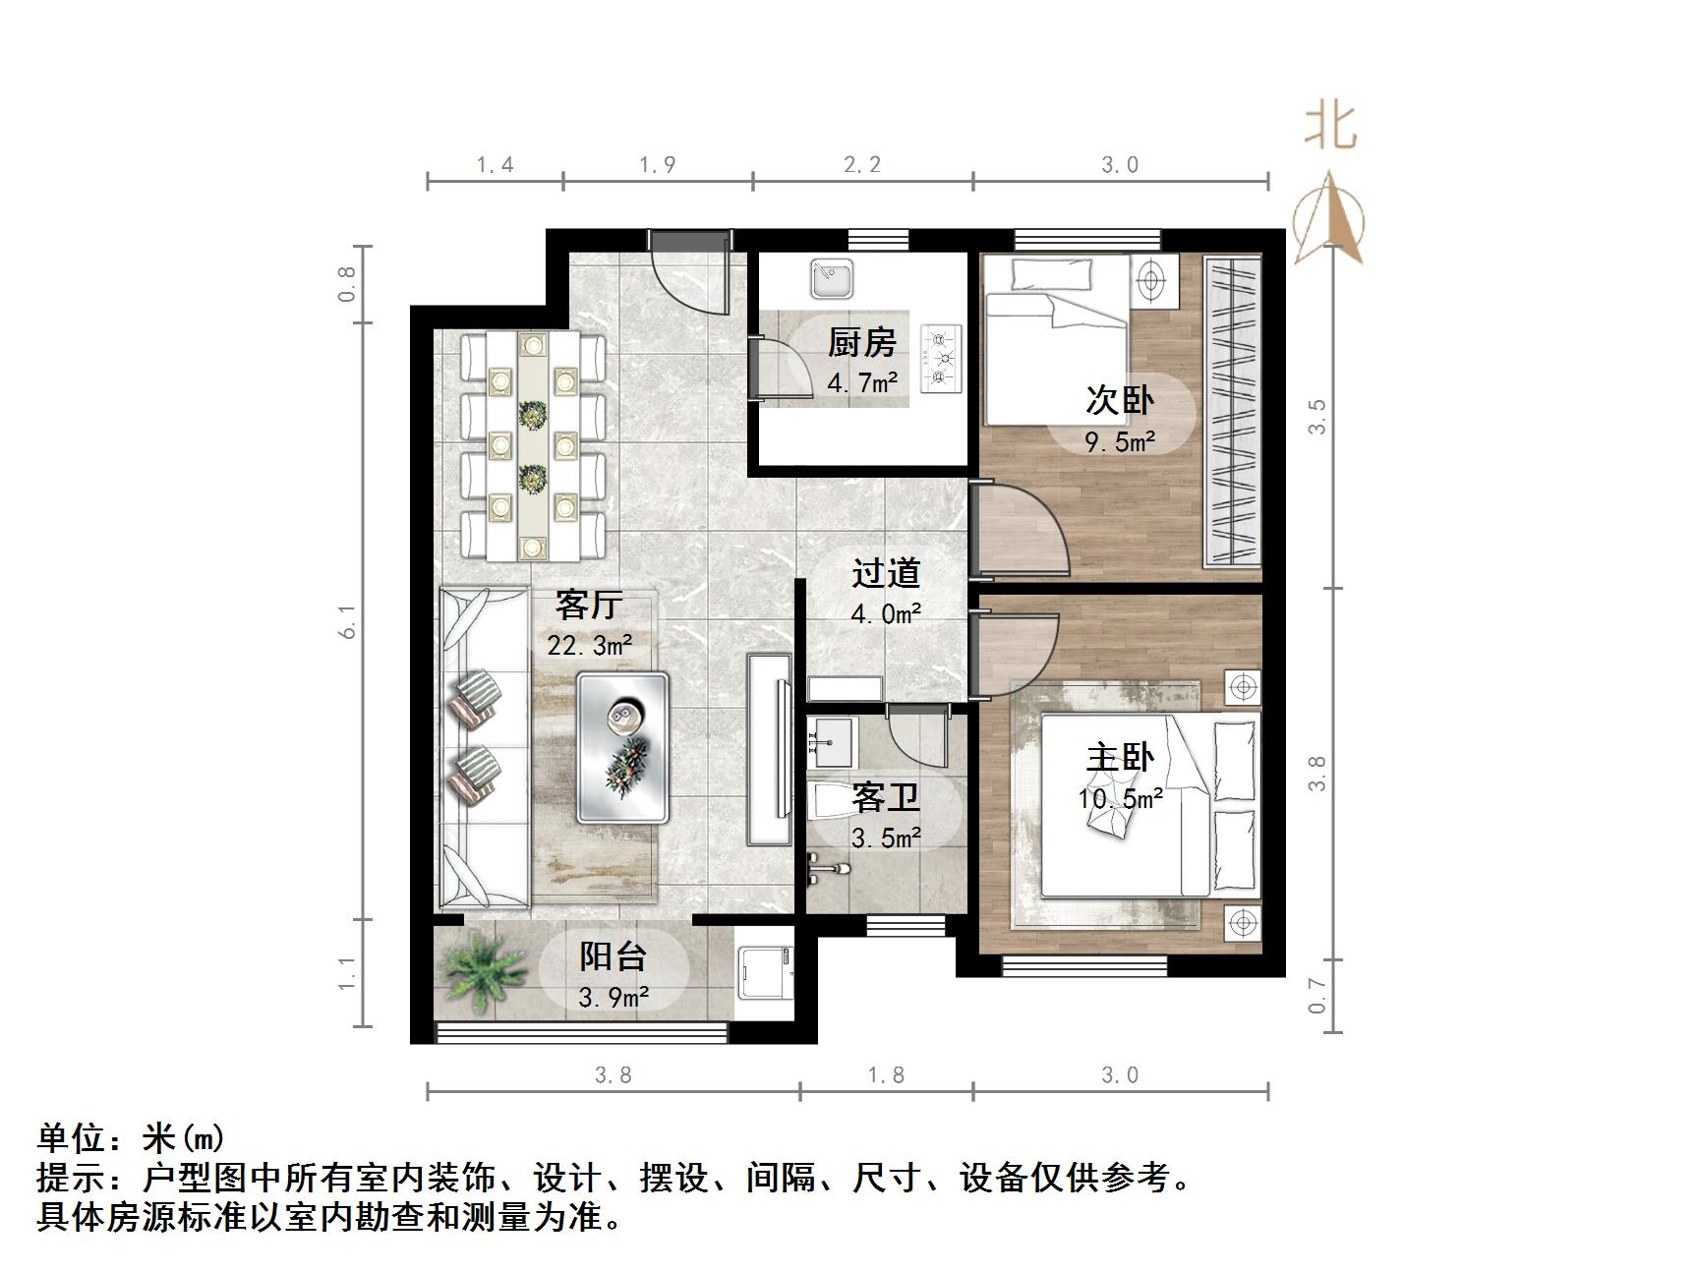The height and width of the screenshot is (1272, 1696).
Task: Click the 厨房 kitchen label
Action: [x=861, y=343]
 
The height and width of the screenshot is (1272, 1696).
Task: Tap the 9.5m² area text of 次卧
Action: [x=1119, y=442]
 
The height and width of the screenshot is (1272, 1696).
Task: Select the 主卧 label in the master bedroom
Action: [x=1119, y=758]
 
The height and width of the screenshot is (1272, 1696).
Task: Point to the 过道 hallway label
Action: [x=885, y=573]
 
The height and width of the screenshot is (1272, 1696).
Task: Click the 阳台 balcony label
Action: [x=613, y=955]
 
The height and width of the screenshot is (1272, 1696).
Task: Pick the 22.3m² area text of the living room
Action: [x=589, y=646]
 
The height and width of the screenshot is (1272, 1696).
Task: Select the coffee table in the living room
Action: [x=622, y=747]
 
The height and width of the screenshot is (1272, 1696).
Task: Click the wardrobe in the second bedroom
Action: [x=1232, y=411]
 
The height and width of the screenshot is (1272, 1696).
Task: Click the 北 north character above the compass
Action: [x=1330, y=127]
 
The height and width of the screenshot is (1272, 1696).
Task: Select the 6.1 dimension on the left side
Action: [x=347, y=621]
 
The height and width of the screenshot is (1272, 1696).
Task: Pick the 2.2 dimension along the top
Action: [x=862, y=165]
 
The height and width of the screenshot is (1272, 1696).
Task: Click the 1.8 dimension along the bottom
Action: [x=885, y=1075]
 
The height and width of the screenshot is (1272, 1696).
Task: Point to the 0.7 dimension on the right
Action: [x=1317, y=997]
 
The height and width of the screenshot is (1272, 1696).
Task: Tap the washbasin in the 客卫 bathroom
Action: [x=832, y=742]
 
